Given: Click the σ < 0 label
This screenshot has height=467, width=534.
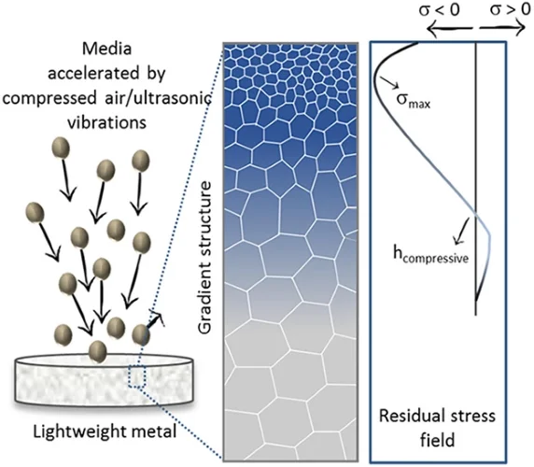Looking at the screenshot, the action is [x=439, y=10].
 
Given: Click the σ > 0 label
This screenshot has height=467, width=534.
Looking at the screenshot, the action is [x=510, y=9].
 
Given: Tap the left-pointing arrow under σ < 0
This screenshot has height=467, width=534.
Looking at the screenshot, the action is [x=449, y=29].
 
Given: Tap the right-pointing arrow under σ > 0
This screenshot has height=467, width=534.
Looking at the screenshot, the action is [x=502, y=28].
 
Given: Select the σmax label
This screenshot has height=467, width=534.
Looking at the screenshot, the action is [x=413, y=99].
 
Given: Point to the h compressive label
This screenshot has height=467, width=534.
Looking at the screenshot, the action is [x=430, y=255].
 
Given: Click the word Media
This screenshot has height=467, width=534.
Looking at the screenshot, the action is [x=106, y=49].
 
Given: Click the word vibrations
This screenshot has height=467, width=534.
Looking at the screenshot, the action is [x=106, y=122].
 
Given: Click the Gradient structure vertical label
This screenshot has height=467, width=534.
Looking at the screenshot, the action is [x=205, y=258].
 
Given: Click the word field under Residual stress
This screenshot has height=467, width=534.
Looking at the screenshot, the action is [x=437, y=440].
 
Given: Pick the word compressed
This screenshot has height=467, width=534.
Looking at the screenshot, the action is [x=49, y=99].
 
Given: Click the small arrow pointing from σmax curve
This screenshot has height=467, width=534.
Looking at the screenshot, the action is [x=390, y=82].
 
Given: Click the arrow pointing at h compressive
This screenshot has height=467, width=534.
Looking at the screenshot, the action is [x=462, y=231].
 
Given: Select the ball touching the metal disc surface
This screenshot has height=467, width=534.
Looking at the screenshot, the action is [x=98, y=351].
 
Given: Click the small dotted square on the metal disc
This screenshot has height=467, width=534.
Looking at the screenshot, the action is [x=137, y=376].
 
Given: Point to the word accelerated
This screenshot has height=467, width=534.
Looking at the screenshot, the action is [x=93, y=74].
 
